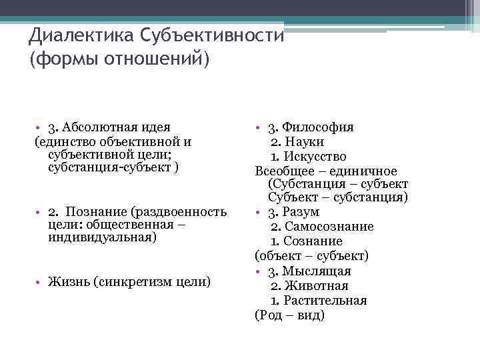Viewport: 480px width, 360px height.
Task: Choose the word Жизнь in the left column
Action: tap(69, 281)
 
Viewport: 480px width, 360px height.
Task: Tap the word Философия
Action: tap(318, 127)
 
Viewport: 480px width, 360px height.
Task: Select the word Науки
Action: tap(306, 142)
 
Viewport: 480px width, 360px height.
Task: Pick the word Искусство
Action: tap(315, 157)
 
